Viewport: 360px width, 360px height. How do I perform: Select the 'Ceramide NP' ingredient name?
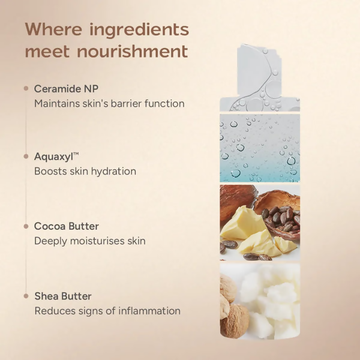66,89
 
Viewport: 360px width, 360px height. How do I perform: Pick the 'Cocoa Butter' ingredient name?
66,226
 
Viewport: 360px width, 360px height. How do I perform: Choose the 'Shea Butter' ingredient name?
62,296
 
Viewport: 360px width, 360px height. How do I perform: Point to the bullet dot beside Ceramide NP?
26,89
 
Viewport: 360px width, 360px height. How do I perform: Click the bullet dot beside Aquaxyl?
26,157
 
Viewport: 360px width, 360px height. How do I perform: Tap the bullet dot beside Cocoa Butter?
26,226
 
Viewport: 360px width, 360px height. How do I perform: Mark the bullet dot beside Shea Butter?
26,296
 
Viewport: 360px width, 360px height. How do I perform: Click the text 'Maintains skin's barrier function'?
109,103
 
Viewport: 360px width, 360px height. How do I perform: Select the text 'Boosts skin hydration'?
85,172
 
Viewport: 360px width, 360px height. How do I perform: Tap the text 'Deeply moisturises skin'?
90,241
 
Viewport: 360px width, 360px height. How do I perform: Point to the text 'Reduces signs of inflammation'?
107,311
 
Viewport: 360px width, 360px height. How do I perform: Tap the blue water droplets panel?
259,148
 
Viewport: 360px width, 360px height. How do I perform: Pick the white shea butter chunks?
270,300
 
